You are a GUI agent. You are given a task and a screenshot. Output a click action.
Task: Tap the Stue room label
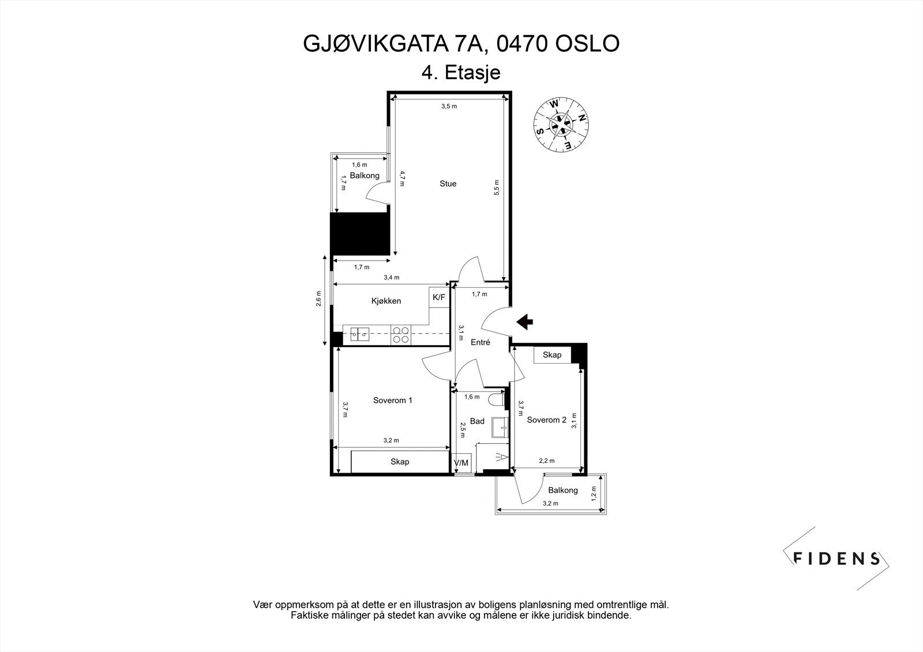pyautogui.click(x=448, y=184)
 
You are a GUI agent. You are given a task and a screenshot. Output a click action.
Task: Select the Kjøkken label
pyautogui.click(x=386, y=301)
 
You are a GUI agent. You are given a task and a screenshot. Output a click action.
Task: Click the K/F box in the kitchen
pyautogui.click(x=439, y=297)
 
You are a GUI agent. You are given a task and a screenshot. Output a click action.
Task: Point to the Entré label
pyautogui.click(x=480, y=342)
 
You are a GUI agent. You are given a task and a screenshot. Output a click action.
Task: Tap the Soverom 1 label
pyautogui.click(x=392, y=401)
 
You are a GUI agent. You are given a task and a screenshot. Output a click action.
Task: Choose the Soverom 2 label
pyautogui.click(x=546, y=420)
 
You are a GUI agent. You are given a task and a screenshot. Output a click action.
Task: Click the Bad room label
pyautogui.click(x=477, y=421)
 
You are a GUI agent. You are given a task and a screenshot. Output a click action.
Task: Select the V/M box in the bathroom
pyautogui.click(x=462, y=463)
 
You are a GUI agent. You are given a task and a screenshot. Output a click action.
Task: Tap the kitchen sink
pyautogui.click(x=359, y=335)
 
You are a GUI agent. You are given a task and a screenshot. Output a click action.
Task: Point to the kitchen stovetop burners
pyautogui.click(x=400, y=335)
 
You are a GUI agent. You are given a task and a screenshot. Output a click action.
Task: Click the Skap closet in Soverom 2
pyautogui.click(x=552, y=355)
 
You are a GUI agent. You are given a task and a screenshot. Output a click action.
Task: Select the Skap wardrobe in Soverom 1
pyautogui.click(x=399, y=462)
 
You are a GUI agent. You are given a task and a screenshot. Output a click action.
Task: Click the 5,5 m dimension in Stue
pyautogui.click(x=496, y=188)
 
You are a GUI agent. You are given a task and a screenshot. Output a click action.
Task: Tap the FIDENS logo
pyautogui.click(x=836, y=558)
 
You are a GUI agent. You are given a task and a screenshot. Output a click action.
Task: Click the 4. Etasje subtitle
pyautogui.click(x=461, y=73)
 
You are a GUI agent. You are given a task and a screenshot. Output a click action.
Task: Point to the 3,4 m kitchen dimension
pyautogui.click(x=391, y=278)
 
